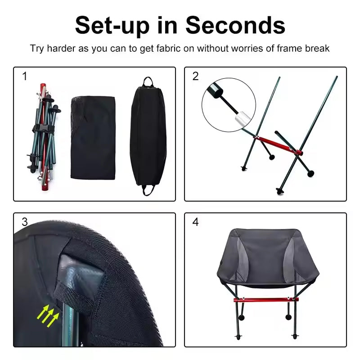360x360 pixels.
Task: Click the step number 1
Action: pyautogui.click(x=25, y=76)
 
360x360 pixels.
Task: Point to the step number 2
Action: pyautogui.click(x=195, y=76)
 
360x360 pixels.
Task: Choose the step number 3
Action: pyautogui.click(x=25, y=222)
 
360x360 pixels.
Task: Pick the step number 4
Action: pyautogui.click(x=195, y=222)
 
